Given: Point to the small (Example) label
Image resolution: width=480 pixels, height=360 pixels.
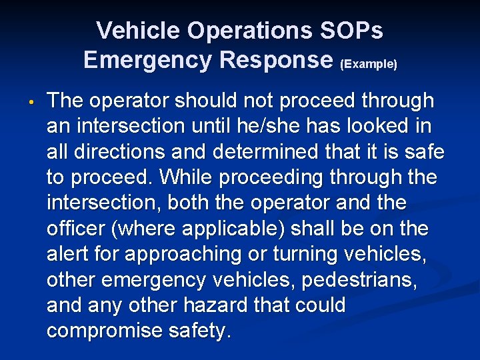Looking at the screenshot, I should [x=368, y=64].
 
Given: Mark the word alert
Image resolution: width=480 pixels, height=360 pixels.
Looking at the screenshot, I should [x=71, y=254].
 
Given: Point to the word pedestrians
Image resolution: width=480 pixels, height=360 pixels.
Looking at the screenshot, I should [x=360, y=280].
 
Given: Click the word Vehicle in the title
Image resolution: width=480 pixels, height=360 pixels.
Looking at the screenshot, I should [x=137, y=31].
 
